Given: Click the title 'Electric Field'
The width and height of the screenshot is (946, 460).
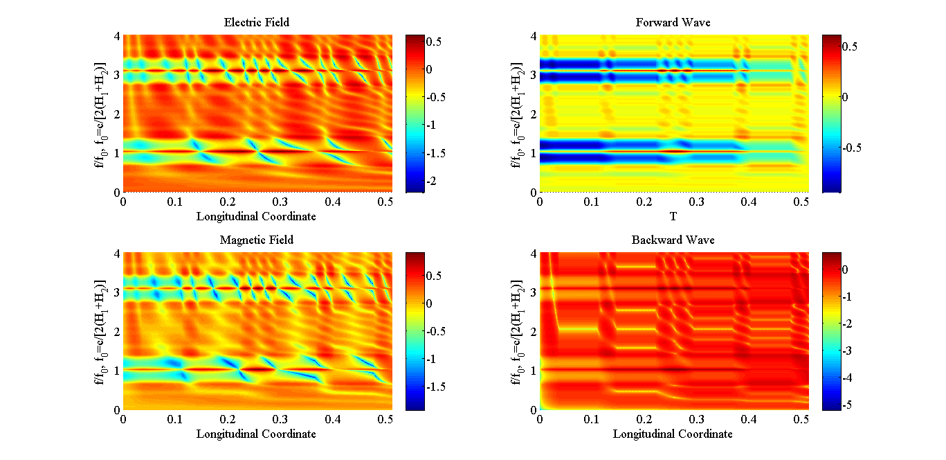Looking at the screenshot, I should [x=256, y=23].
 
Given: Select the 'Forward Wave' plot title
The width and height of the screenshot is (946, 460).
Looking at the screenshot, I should [x=673, y=23].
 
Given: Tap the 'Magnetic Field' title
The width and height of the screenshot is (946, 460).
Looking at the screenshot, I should [x=256, y=240].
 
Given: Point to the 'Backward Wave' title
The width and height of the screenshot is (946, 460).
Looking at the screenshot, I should [x=673, y=240].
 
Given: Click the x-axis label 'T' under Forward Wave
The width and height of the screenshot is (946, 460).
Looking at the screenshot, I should [x=673, y=217].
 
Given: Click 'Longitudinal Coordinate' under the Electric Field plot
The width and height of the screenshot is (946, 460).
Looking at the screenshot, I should [x=256, y=217].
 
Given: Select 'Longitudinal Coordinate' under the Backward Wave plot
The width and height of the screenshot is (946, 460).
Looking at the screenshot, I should [x=673, y=434].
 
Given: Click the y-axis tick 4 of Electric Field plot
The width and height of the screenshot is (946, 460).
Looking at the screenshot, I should [x=117, y=36].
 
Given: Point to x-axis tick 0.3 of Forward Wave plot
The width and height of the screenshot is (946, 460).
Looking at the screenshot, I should [x=697, y=202].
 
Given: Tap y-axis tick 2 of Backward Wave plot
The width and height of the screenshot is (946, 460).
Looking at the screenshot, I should [x=534, y=332].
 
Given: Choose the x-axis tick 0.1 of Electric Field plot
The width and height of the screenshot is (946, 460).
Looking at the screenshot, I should [x=176, y=202].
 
